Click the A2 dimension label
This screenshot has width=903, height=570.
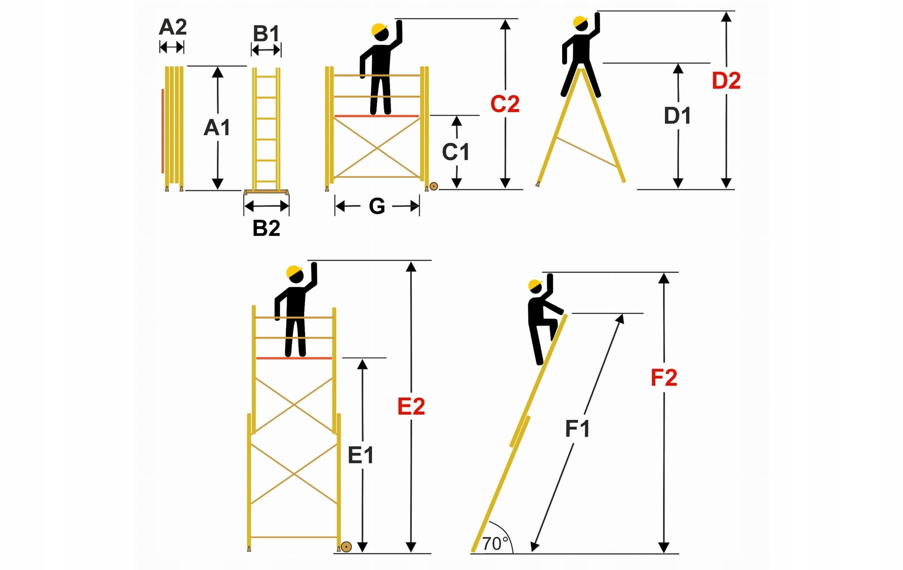172,27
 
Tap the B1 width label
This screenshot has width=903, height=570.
266,34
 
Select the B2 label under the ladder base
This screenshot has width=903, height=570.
266,228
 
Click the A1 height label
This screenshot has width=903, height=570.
217,127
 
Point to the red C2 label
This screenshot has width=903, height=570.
505,104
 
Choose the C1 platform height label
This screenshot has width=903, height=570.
455,152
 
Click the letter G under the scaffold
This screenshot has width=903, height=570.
377,206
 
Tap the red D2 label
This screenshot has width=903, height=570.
726,81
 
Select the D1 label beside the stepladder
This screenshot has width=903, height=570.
677,116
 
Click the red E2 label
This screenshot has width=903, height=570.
411,406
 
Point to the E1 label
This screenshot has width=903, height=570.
361,455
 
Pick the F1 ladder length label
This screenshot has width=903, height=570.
577,429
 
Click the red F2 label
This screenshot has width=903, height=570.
664,378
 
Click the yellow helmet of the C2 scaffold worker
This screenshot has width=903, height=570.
379,29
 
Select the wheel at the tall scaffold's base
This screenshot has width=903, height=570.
347,547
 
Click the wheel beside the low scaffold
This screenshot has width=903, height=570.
434,186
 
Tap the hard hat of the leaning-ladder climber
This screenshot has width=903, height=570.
534,285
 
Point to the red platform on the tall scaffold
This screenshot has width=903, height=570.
294,358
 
